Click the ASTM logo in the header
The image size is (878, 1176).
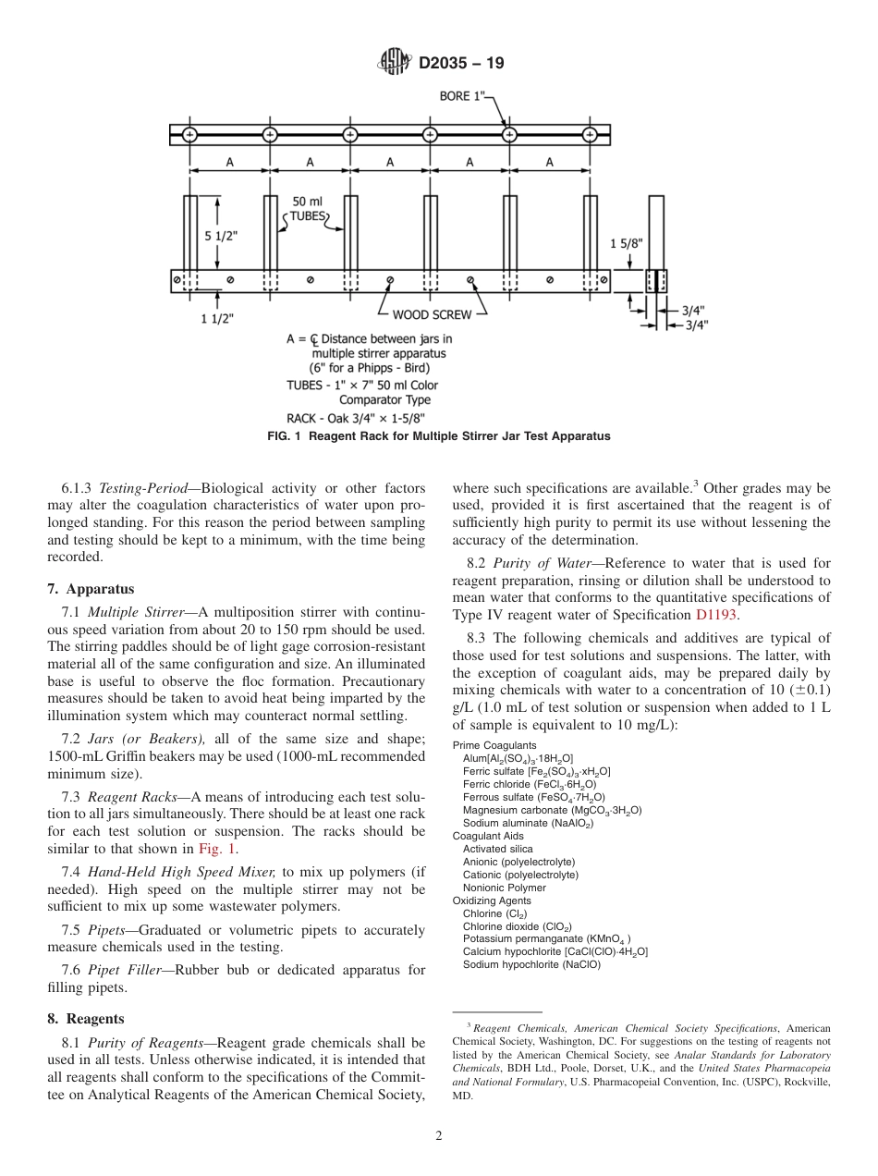(395, 63)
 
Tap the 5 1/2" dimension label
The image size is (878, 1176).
(221, 236)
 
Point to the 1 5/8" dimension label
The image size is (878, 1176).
(626, 243)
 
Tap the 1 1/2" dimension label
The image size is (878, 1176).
(218, 319)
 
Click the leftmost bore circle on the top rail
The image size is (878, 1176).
(189, 135)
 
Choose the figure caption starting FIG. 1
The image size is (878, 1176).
(439, 435)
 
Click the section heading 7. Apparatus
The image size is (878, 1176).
(91, 589)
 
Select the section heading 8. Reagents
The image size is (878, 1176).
(86, 1019)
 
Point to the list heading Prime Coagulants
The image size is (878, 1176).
(494, 745)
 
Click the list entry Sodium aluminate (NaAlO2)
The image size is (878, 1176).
(528, 823)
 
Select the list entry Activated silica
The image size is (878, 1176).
(498, 849)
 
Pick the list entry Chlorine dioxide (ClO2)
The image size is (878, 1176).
(518, 926)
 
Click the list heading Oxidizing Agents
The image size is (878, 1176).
(492, 900)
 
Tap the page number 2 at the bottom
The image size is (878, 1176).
(439, 1136)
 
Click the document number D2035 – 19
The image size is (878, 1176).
(461, 64)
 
